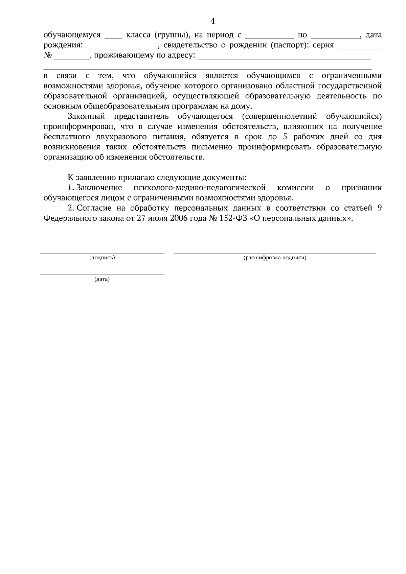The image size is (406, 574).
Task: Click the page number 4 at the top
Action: click(212, 21)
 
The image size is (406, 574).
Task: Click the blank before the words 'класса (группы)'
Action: click(113, 35)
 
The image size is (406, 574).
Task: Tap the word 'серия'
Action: click(323, 45)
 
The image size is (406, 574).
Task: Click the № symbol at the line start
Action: click(48, 55)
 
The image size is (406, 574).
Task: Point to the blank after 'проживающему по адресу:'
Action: click(284, 56)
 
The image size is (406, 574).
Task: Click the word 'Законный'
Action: click(87, 117)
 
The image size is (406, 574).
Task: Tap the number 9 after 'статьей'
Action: click(379, 208)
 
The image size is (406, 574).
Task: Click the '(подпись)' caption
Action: click(102, 258)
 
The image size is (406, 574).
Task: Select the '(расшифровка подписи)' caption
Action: click(275, 258)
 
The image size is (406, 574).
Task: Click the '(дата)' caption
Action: click(102, 280)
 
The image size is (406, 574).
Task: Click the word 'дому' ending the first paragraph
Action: click(242, 106)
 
